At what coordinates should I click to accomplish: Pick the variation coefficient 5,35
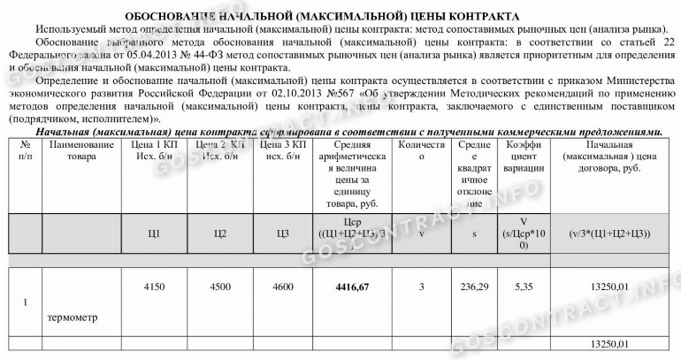(x=523, y=287)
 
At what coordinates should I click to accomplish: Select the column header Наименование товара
(x=81, y=149)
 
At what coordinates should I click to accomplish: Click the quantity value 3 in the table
(x=421, y=287)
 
